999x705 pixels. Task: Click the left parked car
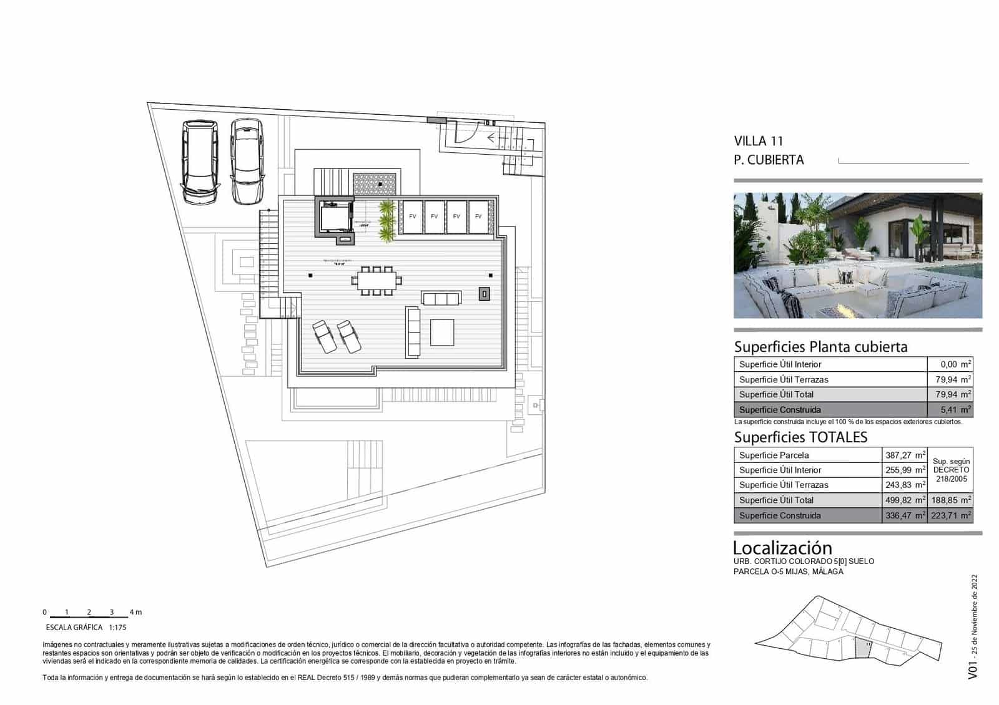[200, 162]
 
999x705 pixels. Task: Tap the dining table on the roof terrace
[376, 280]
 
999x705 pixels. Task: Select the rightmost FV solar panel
[478, 216]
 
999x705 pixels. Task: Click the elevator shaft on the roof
[335, 216]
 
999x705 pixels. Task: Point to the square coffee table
[442, 331]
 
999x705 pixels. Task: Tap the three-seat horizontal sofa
[441, 298]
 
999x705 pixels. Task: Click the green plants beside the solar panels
[387, 221]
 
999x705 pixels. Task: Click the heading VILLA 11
[758, 141]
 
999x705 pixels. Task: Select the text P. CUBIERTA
[769, 160]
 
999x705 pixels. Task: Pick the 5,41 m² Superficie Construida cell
[950, 410]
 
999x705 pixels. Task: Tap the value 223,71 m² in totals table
[951, 515]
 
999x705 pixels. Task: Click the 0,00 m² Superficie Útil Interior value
[950, 364]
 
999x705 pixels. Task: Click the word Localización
[782, 548]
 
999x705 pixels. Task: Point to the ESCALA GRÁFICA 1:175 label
[86, 628]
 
